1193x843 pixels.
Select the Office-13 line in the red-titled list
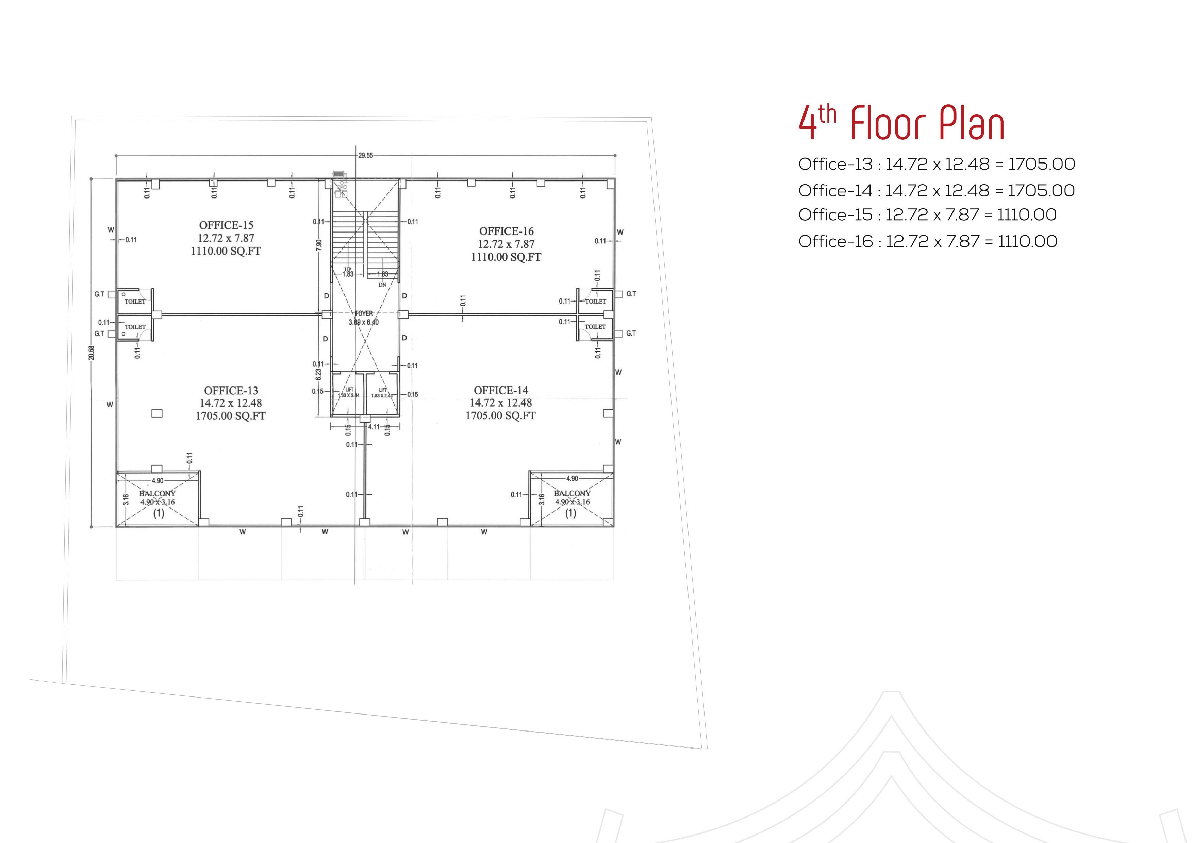(x=936, y=165)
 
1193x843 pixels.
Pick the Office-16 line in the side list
(x=927, y=241)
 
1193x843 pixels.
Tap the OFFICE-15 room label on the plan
(x=226, y=225)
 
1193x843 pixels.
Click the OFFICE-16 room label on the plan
(x=506, y=231)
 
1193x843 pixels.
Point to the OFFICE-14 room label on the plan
(x=501, y=390)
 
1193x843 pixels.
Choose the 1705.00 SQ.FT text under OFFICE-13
(x=230, y=416)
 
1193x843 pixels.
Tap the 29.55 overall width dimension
(x=365, y=155)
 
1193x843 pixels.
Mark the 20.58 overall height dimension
(x=92, y=353)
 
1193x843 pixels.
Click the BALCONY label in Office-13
(x=158, y=493)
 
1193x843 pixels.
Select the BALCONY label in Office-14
(x=572, y=493)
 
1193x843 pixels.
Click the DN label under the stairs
(x=382, y=285)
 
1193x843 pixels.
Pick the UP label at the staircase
(x=348, y=269)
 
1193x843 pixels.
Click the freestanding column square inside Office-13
(x=156, y=414)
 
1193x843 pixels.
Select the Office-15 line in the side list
(x=927, y=215)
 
